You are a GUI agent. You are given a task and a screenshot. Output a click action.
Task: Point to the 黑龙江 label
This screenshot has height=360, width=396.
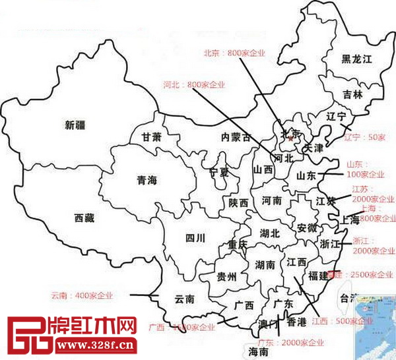point(356,59)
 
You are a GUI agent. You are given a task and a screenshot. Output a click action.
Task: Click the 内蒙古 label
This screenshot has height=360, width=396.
point(236,137)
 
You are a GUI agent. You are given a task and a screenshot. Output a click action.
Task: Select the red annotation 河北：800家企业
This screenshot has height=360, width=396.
point(194,84)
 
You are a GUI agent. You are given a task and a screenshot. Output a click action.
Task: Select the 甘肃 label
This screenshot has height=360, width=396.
point(150,137)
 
